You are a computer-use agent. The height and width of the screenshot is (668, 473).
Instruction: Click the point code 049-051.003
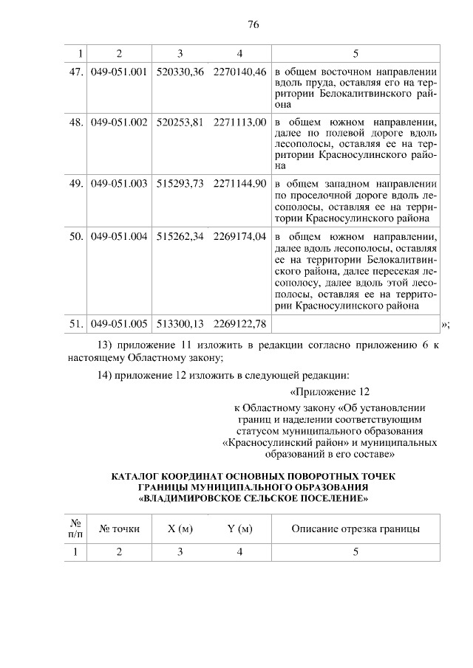[120, 183]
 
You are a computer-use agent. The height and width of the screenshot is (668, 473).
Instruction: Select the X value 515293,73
[180, 183]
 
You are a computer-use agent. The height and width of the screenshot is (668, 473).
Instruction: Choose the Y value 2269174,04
[239, 237]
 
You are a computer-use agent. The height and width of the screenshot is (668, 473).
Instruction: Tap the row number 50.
[75, 237]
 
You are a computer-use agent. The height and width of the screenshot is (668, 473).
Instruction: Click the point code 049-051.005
[120, 323]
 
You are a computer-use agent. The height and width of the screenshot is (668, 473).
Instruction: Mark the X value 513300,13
[180, 323]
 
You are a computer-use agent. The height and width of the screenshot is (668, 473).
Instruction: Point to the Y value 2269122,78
[239, 323]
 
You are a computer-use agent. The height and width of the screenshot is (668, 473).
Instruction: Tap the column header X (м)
[180, 528]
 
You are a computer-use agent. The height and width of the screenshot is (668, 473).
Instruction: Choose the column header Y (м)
[239, 528]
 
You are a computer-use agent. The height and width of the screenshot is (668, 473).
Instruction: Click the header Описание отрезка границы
[355, 528]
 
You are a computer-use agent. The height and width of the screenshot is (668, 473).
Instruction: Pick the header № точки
[120, 528]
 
